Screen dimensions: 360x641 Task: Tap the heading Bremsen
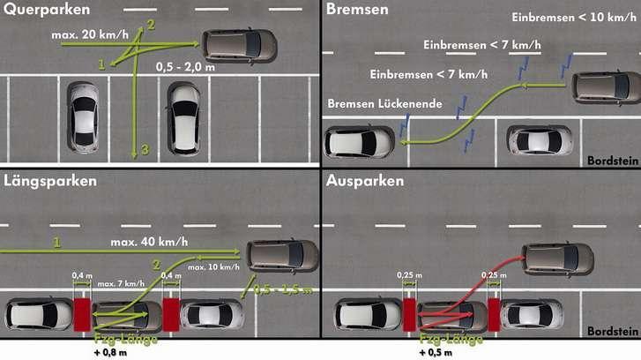(x=357, y=11)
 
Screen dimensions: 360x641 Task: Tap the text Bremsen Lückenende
(x=384, y=103)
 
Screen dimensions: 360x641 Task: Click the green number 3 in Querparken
(x=145, y=150)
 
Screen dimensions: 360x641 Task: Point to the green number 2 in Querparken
(x=150, y=22)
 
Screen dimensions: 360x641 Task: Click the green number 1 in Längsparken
(x=56, y=242)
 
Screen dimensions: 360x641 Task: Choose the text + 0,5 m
(x=437, y=351)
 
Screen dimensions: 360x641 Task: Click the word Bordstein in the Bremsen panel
(x=610, y=160)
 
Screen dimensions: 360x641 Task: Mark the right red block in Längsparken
(x=171, y=315)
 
